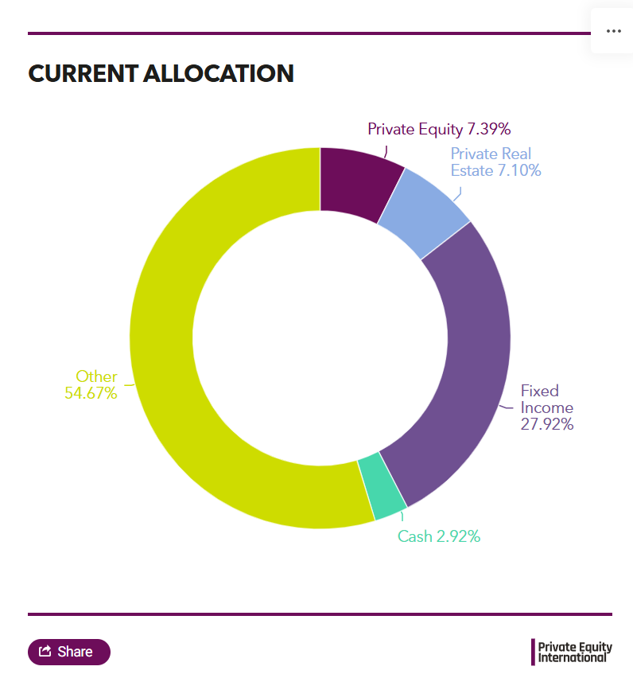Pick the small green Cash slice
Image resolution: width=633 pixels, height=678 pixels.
381,485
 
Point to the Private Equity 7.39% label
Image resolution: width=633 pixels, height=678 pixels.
438,129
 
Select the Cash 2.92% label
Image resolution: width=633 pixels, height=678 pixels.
438,536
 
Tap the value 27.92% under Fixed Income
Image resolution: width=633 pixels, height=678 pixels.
547,424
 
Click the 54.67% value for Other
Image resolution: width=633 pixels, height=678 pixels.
91,393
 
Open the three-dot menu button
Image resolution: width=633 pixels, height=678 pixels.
613,31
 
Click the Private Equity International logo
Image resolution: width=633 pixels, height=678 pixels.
572,651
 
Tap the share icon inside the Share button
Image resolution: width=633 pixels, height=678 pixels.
45,652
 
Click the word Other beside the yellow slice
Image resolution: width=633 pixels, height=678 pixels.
96,376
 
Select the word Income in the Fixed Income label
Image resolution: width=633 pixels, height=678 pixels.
546,407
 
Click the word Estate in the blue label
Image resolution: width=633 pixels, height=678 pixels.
472,170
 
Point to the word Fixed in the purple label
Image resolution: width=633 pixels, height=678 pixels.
540,391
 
